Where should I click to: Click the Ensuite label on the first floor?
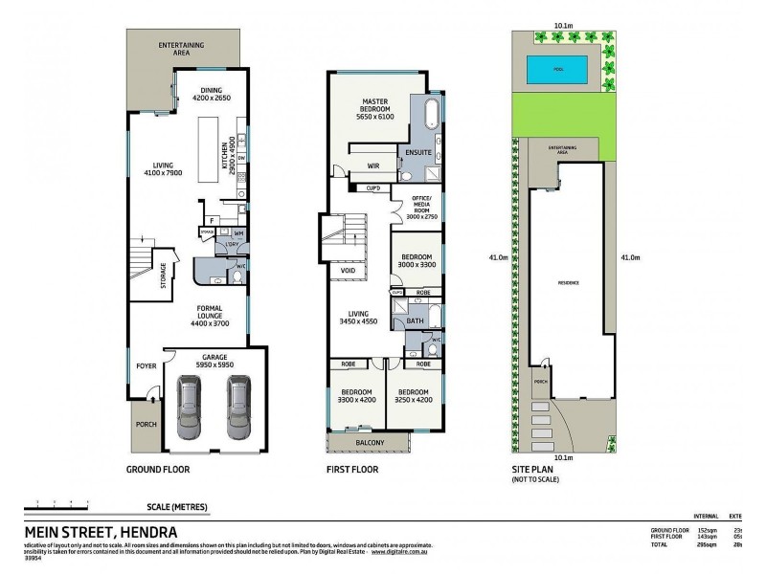[x=418, y=152]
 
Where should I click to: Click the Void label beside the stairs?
[x=347, y=271]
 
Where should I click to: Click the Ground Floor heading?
[x=158, y=470]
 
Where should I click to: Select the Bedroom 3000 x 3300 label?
[x=417, y=262]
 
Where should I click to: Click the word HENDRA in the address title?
[x=143, y=532]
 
